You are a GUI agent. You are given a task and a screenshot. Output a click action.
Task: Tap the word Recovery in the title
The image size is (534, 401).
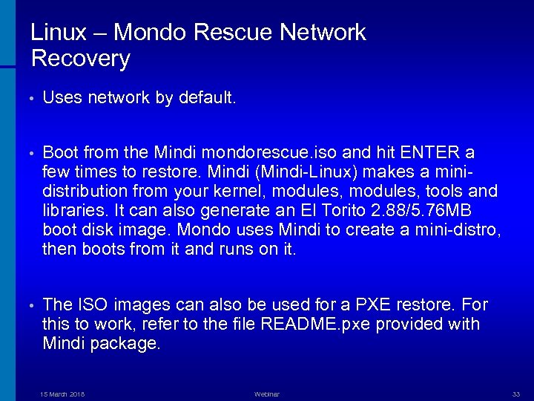click(81, 59)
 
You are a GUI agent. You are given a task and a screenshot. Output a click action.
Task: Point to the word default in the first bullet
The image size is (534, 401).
click(207, 98)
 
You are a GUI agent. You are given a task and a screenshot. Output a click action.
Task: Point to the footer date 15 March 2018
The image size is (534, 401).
click(62, 394)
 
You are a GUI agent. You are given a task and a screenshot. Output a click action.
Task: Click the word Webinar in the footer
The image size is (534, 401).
click(267, 394)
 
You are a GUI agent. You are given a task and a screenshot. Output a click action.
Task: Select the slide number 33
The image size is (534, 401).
click(516, 394)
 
